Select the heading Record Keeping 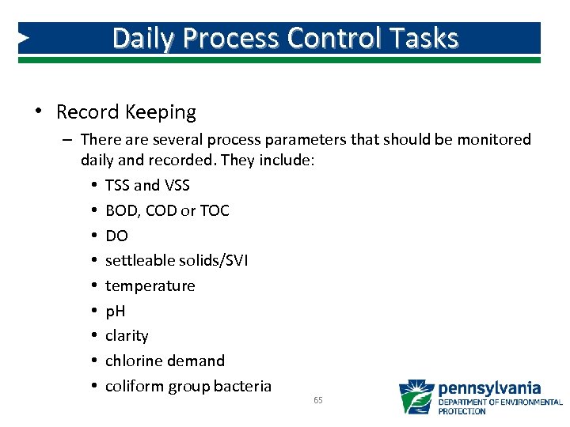[x=126, y=112]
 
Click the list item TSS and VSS [x=147, y=185]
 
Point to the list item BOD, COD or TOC [x=167, y=210]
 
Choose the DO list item [x=116, y=236]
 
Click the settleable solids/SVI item [x=177, y=260]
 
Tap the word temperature [x=150, y=285]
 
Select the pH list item [x=116, y=311]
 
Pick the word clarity [x=127, y=335]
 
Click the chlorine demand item [x=165, y=361]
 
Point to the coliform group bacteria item [x=188, y=386]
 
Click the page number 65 [x=318, y=401]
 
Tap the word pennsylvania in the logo [x=489, y=388]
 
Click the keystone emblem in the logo [x=416, y=397]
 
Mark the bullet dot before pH [x=93, y=311]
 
